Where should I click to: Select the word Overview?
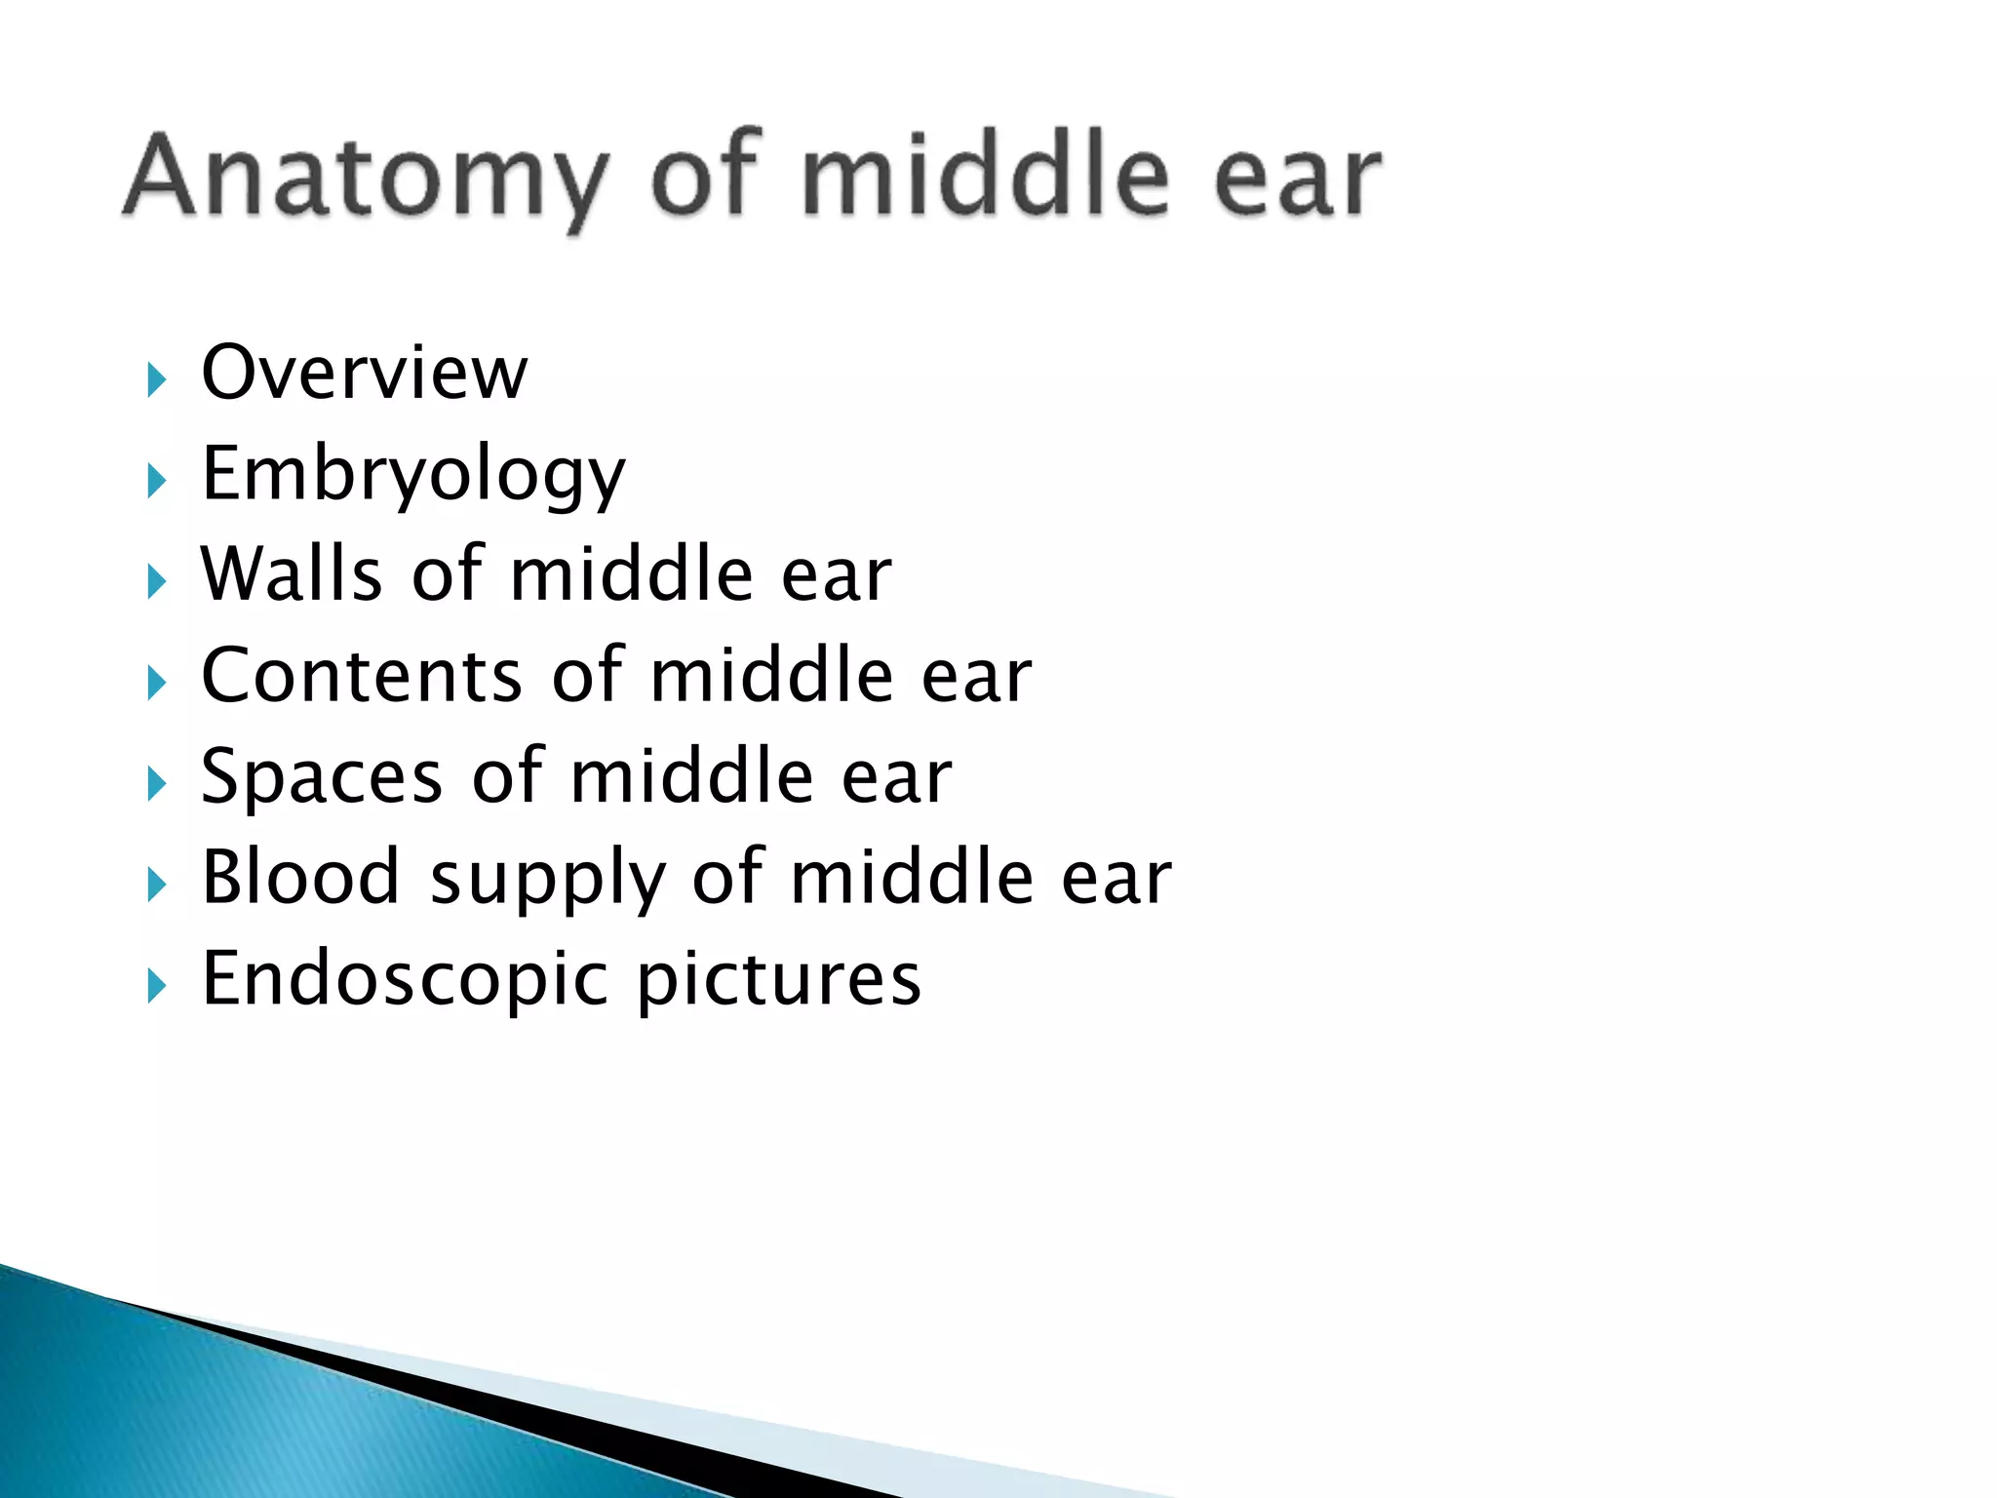pyautogui.click(x=364, y=373)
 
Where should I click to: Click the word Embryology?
pyautogui.click(x=412, y=475)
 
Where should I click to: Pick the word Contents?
pyautogui.click(x=362, y=675)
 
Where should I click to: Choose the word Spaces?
pyautogui.click(x=322, y=776)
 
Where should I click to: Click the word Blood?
pyautogui.click(x=300, y=877)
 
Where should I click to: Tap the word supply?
pyautogui.click(x=546, y=881)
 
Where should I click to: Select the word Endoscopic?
pyautogui.click(x=404, y=979)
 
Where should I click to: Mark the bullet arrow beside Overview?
pyautogui.click(x=156, y=378)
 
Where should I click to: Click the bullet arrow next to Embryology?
pyautogui.click(x=156, y=480)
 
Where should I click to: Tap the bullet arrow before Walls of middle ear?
pyautogui.click(x=156, y=581)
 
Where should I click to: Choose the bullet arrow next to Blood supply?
pyautogui.click(x=156, y=885)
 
